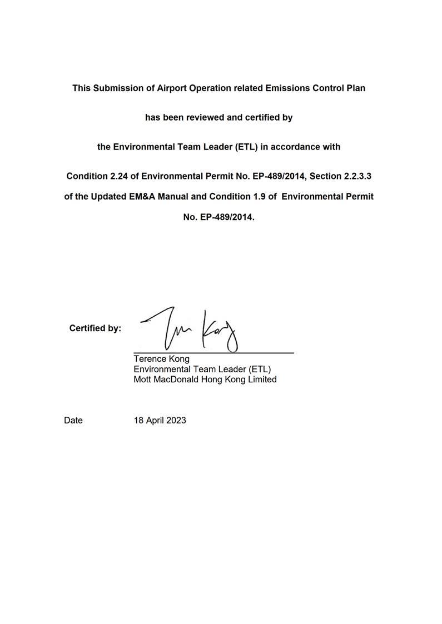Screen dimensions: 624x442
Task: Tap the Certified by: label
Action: [x=95, y=328]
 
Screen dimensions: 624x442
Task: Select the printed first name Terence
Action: [x=149, y=359]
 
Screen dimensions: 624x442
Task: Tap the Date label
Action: [x=73, y=420]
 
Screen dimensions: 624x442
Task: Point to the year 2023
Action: [x=176, y=420]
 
